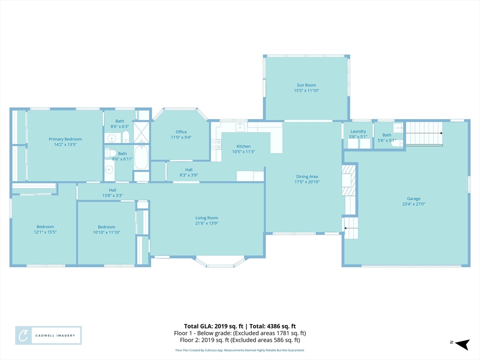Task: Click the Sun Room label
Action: point(307,85)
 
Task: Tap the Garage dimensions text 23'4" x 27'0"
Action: point(413,204)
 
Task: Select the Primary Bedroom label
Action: point(65,139)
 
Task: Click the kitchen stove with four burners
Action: point(216,144)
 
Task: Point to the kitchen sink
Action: point(240,126)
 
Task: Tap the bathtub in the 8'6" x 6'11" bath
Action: point(141,157)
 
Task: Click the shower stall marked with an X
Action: point(141,132)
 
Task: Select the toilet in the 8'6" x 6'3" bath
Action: point(126,137)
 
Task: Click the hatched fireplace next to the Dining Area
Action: point(349,180)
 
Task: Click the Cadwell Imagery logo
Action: point(48,336)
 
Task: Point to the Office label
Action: point(181,132)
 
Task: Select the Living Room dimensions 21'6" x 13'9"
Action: point(207,224)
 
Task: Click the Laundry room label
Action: point(358,131)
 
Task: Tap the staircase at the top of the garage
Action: point(424,133)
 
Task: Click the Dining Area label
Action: point(307,177)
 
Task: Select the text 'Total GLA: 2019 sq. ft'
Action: point(212,326)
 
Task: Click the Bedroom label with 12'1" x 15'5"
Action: point(45,227)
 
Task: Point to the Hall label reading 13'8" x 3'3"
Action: point(112,190)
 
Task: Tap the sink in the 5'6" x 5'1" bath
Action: point(398,127)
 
